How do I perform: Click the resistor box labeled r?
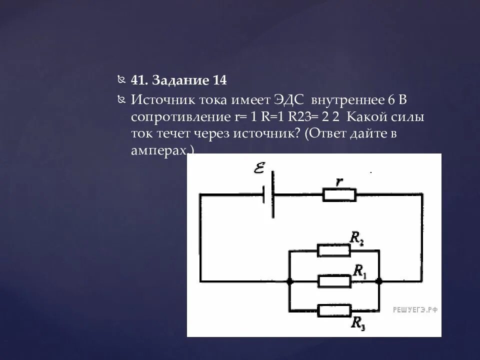point(339,195)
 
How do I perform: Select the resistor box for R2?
point(334,250)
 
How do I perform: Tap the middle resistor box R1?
point(334,281)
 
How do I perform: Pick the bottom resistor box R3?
point(334,310)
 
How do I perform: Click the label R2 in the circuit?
point(356,239)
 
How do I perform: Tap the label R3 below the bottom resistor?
point(358,323)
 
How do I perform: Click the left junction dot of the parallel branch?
point(289,281)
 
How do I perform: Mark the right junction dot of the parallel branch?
point(379,281)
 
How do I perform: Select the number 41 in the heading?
point(138,80)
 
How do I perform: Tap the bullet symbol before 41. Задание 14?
point(122,80)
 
